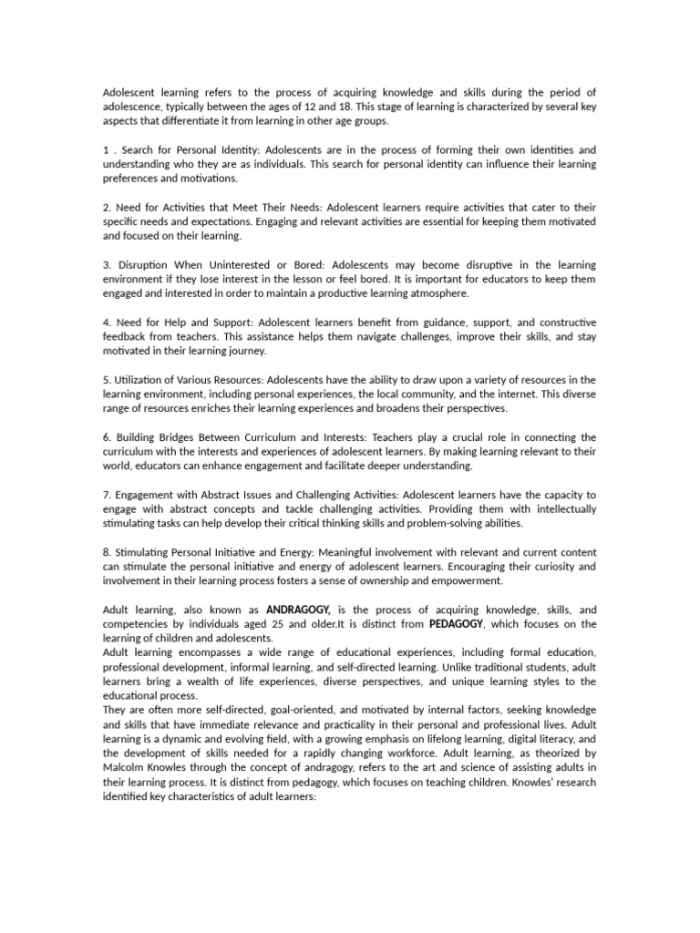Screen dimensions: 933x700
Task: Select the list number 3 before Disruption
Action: tap(106, 264)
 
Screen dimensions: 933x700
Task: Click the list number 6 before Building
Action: tap(106, 437)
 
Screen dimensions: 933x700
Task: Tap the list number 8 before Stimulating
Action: tap(106, 552)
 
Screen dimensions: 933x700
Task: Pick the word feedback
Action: tap(125, 336)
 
